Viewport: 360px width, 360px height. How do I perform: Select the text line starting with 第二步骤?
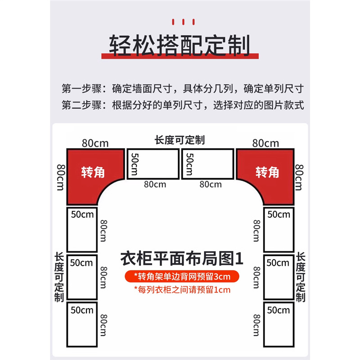182,106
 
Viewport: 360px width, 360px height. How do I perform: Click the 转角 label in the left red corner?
93,172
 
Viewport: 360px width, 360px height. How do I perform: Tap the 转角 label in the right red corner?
267,172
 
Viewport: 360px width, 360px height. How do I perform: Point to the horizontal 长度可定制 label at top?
180,140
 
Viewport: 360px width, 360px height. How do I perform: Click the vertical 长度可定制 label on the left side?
59,277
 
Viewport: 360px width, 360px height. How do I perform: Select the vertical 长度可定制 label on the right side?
301,277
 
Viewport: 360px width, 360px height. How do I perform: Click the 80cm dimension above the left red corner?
95,143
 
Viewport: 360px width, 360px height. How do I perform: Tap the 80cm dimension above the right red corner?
265,143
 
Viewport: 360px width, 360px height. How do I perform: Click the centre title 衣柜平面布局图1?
182,259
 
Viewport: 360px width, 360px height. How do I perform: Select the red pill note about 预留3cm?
182,275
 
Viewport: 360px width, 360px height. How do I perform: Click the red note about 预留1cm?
182,289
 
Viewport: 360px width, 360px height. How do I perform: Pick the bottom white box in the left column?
82,324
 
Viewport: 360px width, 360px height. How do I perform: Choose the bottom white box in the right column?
279,324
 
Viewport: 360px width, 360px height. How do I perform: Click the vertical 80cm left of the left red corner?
59,176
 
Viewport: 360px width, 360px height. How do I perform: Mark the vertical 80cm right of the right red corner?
299,177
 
